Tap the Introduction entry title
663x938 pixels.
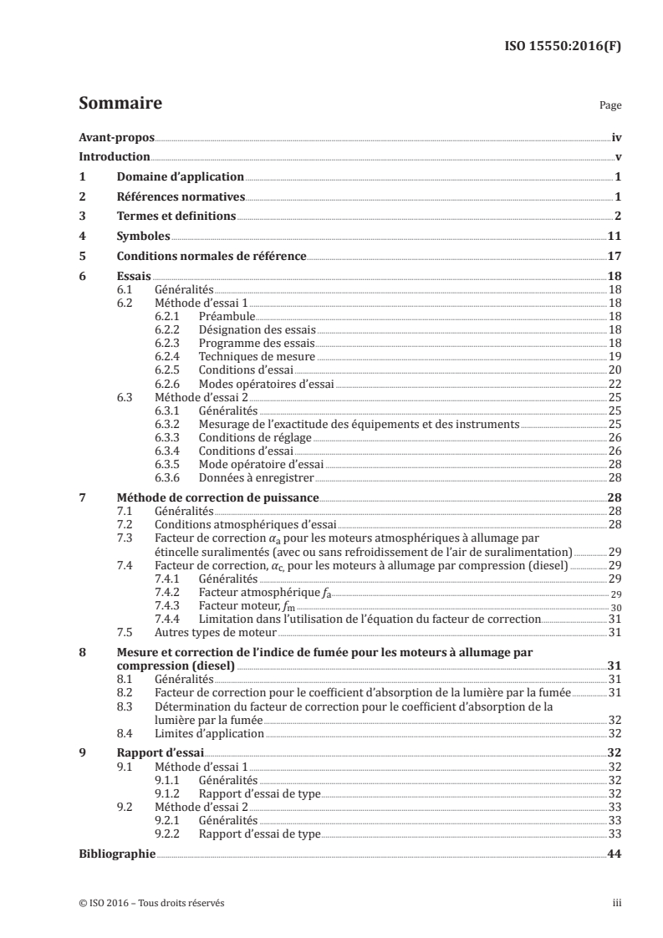(114, 157)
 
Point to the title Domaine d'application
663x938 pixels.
(181, 176)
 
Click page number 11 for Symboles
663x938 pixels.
(613, 236)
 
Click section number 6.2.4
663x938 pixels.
(169, 355)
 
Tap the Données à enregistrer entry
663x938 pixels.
(256, 477)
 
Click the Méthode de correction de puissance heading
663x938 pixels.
(218, 497)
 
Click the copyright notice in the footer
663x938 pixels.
(150, 903)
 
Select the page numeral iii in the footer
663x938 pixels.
(615, 903)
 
